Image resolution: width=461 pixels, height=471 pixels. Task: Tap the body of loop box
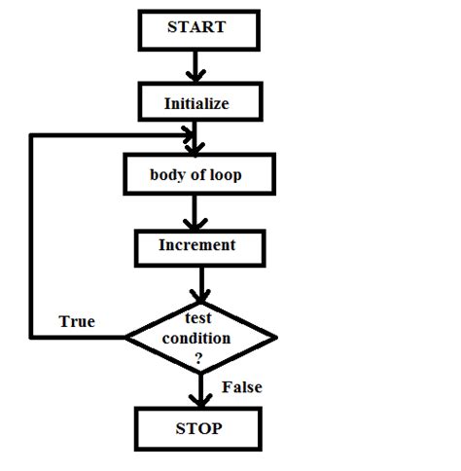point(195,176)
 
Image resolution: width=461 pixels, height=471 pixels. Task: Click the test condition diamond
point(201,338)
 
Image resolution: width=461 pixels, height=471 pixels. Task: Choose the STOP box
point(197,429)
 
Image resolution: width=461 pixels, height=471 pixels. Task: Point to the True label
point(77,321)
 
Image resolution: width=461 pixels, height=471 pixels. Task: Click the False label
point(241,387)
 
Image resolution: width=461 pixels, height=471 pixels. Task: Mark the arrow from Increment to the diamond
point(200,284)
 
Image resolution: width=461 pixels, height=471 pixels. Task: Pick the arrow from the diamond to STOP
point(201,389)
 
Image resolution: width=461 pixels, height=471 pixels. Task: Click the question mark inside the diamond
point(199,357)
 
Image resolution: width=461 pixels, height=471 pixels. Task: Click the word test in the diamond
point(198,319)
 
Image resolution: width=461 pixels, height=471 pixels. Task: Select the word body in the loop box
point(165,176)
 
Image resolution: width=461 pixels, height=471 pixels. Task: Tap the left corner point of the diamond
point(127,338)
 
